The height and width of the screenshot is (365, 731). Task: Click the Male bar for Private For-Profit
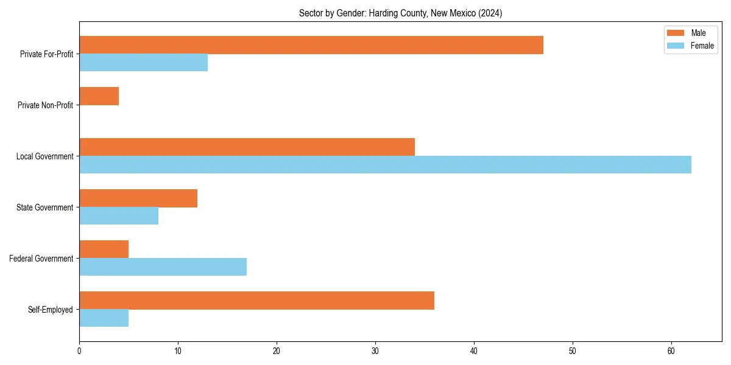point(311,45)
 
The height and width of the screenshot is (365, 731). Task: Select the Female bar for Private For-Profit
point(143,63)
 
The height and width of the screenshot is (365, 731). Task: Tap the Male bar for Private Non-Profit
point(99,96)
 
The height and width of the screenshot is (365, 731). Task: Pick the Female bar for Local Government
point(385,165)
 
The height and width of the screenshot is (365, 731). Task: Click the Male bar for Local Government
point(247,147)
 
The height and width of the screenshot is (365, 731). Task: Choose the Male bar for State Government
point(138,198)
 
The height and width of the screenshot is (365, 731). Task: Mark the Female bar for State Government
point(119,216)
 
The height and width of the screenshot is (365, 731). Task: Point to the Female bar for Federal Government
point(163,267)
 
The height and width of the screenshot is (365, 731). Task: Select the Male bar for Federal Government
point(104,249)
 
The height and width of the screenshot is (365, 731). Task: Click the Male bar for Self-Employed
point(256,301)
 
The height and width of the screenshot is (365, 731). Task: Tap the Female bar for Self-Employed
point(104,318)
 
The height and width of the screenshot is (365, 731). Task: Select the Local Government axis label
point(44,156)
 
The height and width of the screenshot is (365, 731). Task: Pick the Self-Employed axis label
point(50,310)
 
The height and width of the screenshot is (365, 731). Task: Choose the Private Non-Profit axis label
point(45,105)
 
